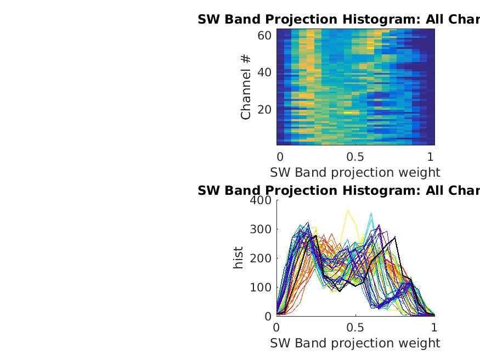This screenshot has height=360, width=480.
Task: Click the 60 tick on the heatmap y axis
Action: tap(264, 36)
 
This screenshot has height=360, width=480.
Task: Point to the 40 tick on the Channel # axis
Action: tap(264, 72)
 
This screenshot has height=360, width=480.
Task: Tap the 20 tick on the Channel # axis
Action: tap(264, 109)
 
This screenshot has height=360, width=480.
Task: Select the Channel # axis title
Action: tap(246, 87)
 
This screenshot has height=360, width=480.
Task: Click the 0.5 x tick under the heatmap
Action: tap(355, 156)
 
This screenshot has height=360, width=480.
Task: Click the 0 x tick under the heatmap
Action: tap(280, 156)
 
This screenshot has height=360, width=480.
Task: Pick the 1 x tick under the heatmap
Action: tap(431, 156)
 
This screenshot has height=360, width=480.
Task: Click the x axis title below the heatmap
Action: tap(355, 172)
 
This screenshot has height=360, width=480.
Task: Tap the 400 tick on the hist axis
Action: tap(260, 200)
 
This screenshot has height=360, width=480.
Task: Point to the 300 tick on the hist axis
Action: tap(260, 229)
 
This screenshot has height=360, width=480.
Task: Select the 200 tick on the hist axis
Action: tap(260, 258)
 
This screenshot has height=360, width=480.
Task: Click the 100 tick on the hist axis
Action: tap(260, 288)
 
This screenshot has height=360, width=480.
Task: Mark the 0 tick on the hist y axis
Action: tap(268, 317)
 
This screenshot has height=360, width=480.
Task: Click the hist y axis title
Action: tap(239, 258)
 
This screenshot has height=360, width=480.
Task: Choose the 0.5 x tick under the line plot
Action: tap(355, 327)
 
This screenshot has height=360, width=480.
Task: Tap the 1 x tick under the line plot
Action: tap(434, 327)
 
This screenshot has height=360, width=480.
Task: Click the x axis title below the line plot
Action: tap(355, 343)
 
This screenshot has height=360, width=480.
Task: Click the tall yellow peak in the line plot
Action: tap(348, 210)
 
